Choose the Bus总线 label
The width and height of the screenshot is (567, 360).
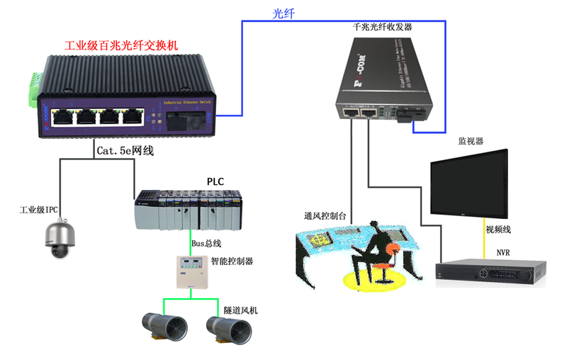point(208,244)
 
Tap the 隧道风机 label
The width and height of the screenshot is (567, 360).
point(241,310)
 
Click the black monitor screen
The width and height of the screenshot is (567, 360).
point(469,184)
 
